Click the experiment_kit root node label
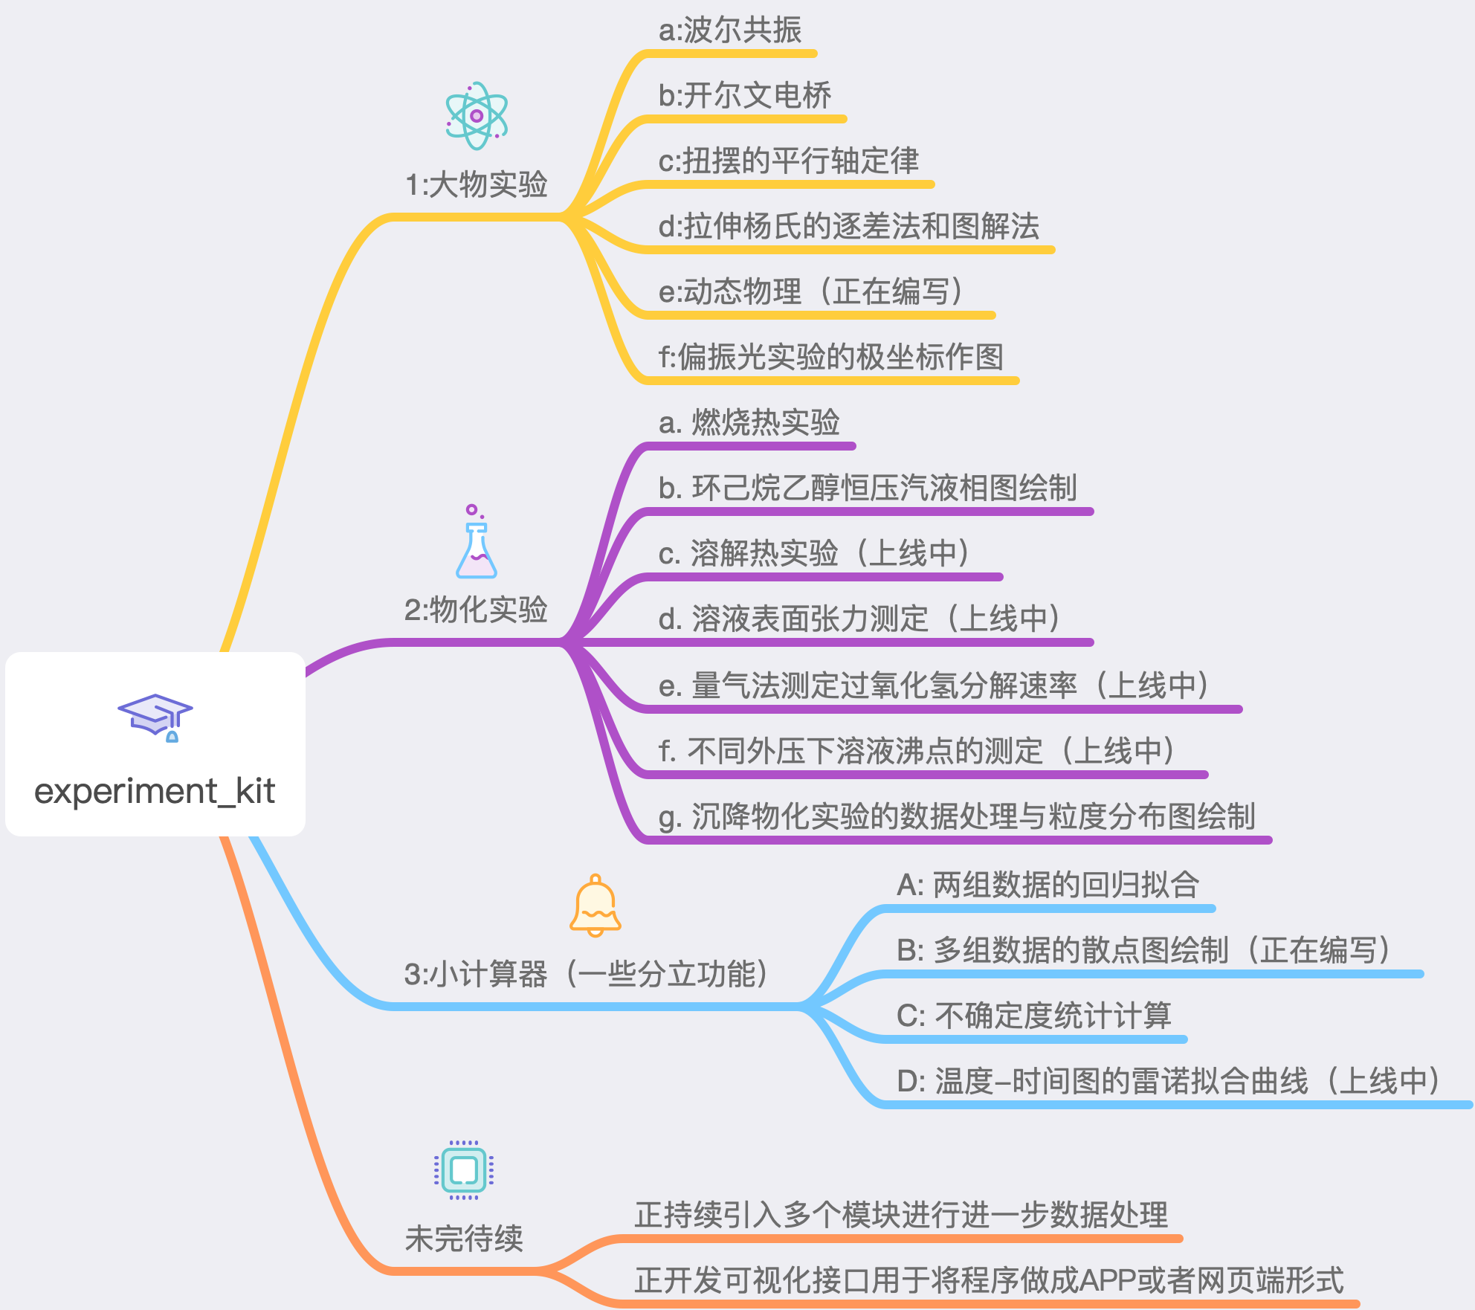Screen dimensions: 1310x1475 [x=155, y=791]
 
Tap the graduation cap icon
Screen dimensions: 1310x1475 [x=155, y=717]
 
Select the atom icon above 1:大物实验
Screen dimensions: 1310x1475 [x=477, y=116]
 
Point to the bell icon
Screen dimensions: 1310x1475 [x=595, y=906]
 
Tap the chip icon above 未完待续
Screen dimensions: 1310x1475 [x=464, y=1169]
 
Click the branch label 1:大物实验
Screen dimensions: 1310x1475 [x=476, y=184]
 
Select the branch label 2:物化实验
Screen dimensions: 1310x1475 [x=476, y=610]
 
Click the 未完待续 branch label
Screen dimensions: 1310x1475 [x=464, y=1239]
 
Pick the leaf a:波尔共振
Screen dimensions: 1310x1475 [x=730, y=31]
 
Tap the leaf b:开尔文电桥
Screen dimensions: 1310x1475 [x=745, y=96]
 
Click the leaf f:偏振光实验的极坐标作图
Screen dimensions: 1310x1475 [x=831, y=358]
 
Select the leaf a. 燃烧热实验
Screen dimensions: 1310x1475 [x=749, y=423]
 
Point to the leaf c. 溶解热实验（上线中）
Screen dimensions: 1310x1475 [x=814, y=554]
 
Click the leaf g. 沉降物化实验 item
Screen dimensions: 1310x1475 [x=958, y=816]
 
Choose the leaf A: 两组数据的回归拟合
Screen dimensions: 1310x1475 [x=1048, y=885]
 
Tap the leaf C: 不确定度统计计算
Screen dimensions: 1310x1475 [x=1034, y=1016]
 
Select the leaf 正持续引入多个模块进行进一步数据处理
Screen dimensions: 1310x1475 [x=901, y=1216]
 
